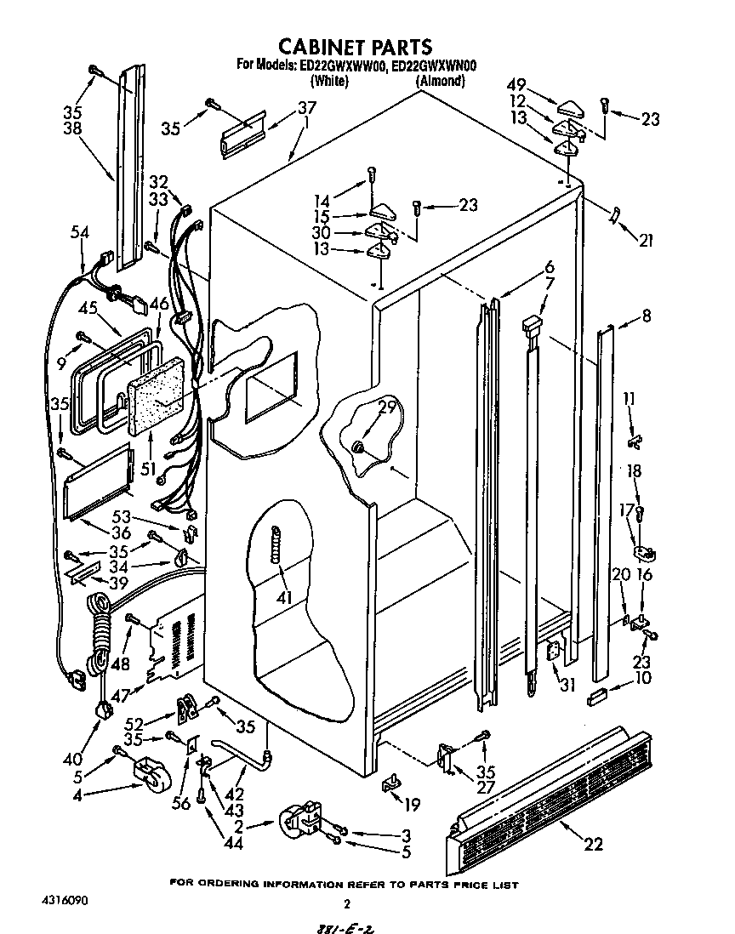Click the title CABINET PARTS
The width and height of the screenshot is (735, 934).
pos(356,47)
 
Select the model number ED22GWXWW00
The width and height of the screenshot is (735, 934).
pos(337,65)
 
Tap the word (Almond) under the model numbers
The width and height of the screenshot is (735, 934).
pos(440,81)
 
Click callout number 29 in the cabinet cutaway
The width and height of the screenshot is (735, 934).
pos(386,408)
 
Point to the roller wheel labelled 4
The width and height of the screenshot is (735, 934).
pos(148,775)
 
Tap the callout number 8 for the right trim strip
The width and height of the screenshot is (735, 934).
pos(646,315)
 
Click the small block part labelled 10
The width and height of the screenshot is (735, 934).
pos(595,698)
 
